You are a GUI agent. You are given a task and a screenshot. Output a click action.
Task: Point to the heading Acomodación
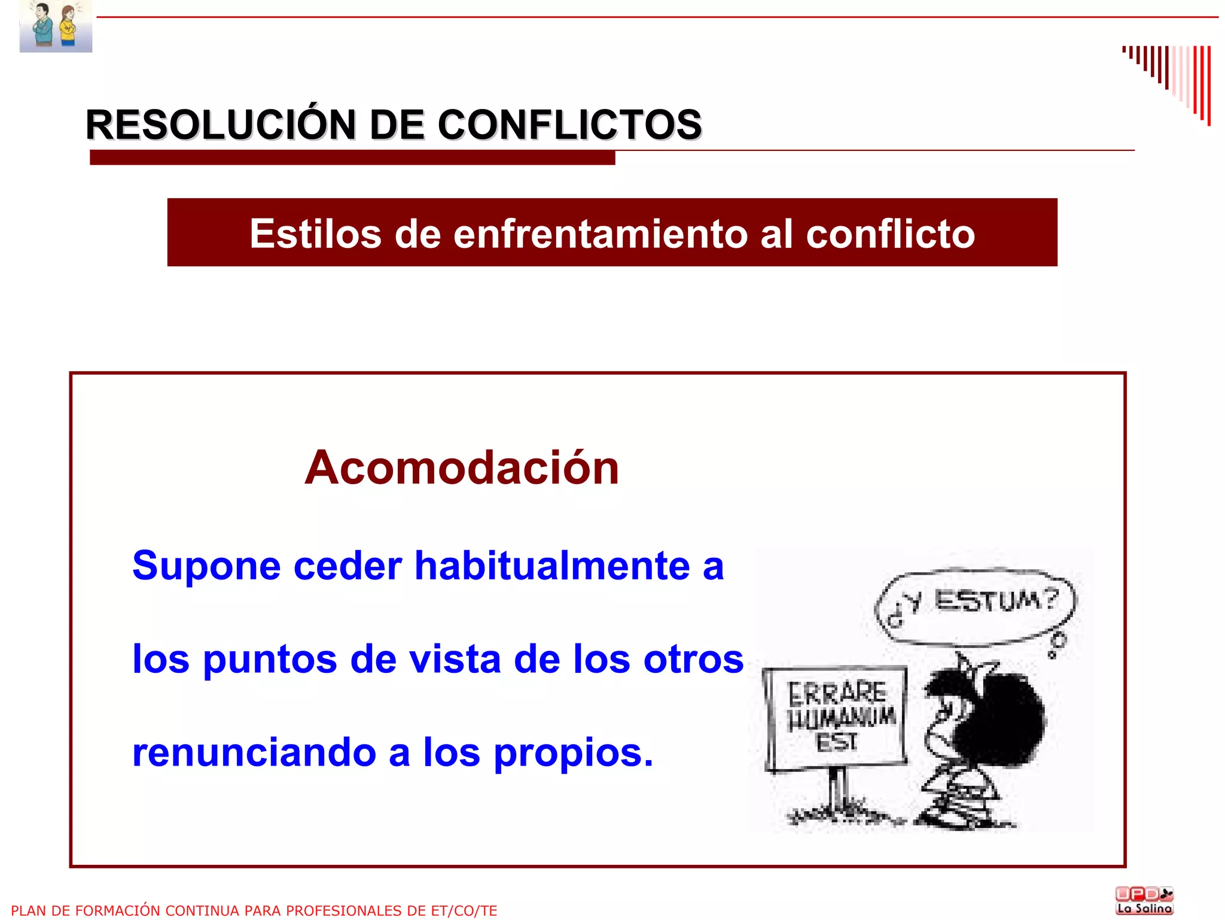[461, 467]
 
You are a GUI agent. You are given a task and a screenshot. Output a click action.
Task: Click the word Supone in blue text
[206, 566]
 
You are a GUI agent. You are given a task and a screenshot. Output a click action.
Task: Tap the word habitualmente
[552, 566]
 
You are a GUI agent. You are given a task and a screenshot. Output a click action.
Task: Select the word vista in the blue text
[454, 659]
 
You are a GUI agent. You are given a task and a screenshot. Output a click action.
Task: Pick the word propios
[572, 754]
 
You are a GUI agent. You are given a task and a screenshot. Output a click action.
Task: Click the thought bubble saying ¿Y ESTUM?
[974, 605]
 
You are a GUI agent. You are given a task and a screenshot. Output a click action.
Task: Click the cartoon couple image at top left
[56, 26]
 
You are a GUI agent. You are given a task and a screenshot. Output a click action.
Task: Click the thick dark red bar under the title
[352, 158]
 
